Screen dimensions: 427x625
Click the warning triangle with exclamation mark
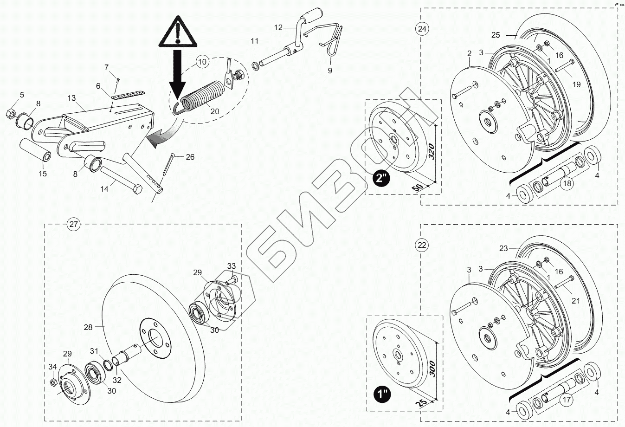(177, 32)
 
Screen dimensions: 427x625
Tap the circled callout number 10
(201, 62)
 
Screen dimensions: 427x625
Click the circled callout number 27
(73, 225)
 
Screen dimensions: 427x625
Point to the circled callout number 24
(421, 29)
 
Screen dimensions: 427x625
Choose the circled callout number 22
(421, 246)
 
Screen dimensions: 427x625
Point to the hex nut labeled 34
(53, 382)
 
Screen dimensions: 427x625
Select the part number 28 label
(88, 327)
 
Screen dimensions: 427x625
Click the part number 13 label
(71, 98)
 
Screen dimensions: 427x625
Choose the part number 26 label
(190, 157)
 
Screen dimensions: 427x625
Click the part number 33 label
(232, 266)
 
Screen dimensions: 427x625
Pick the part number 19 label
(576, 84)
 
